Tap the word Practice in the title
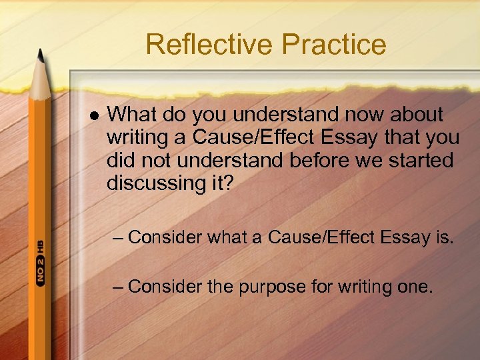point(334,45)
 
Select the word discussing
point(156,183)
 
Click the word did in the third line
point(121,161)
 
